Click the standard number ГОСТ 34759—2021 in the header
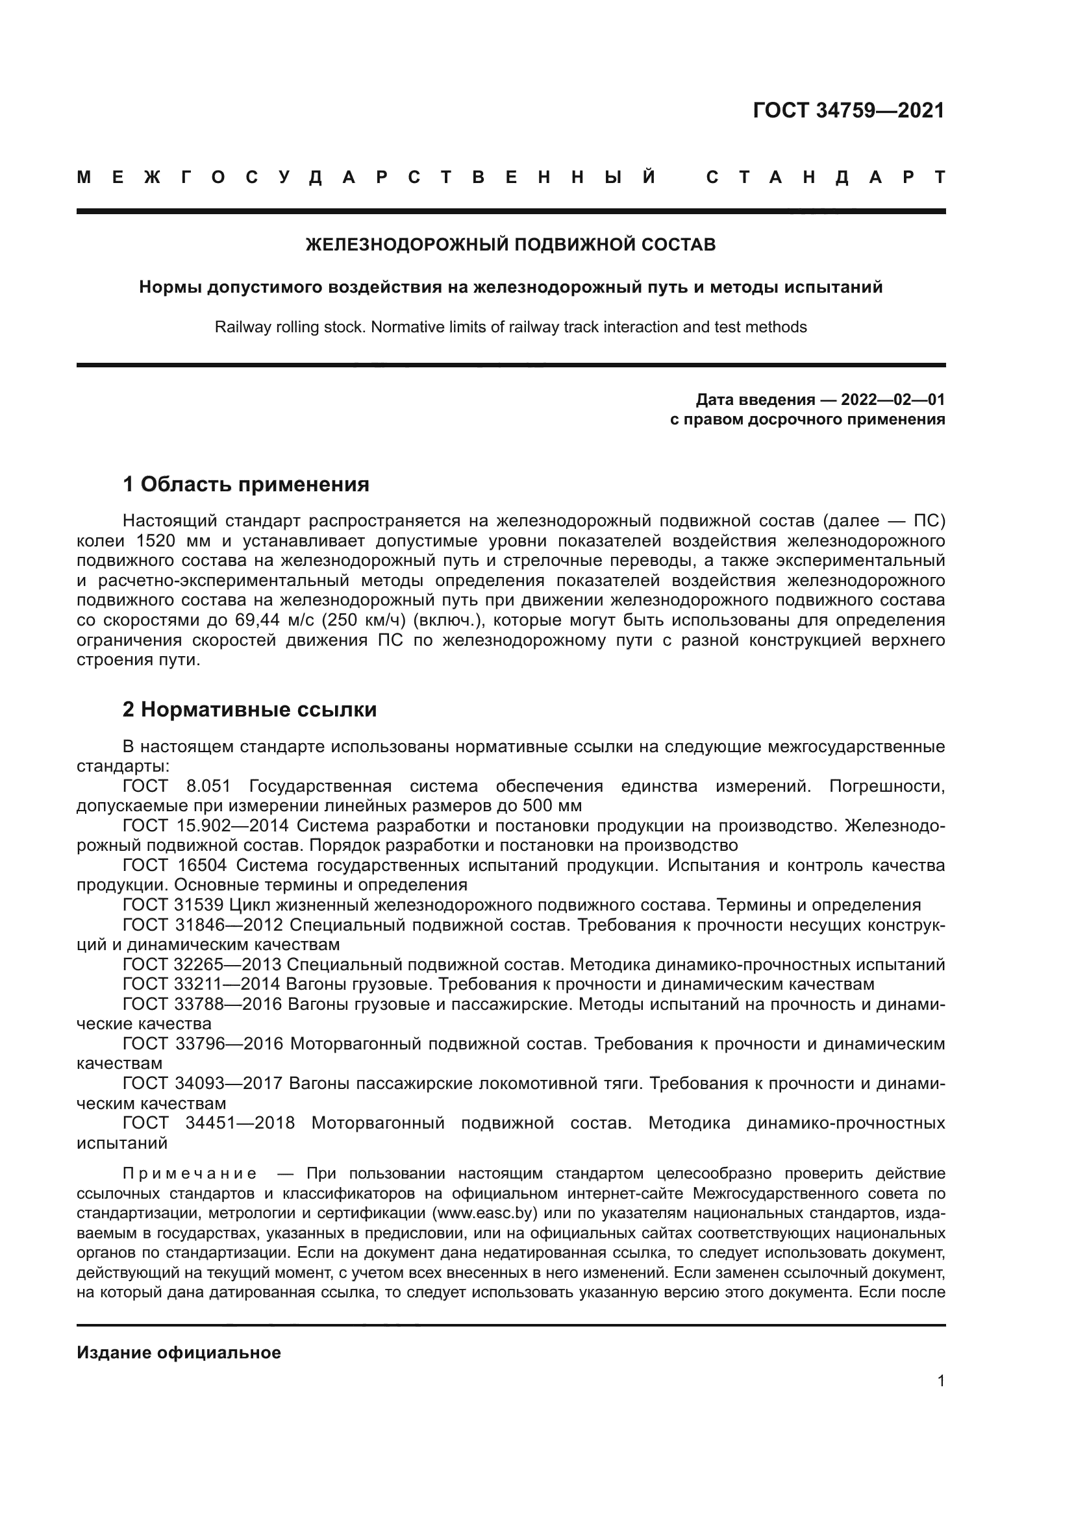(849, 110)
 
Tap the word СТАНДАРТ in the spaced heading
(825, 178)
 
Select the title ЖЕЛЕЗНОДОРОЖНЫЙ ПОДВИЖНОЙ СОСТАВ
(510, 245)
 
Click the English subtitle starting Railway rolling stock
(510, 326)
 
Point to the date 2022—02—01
(892, 399)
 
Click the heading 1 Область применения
(245, 485)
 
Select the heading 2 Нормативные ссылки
(249, 709)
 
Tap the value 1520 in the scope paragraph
(155, 541)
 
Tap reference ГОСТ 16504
(174, 866)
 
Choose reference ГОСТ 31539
(174, 905)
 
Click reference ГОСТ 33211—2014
(202, 985)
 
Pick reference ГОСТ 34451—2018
(208, 1123)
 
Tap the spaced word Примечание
(190, 1173)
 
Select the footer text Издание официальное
(179, 1353)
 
